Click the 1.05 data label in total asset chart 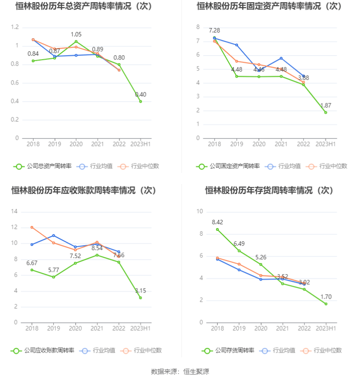pos(76,34)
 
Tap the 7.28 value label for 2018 pos(214,30)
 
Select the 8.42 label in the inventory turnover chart pos(218,222)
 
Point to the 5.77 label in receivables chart pos(54,270)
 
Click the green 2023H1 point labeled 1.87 pos(325,113)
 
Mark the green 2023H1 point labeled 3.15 pos(140,298)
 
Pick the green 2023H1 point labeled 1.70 pos(325,304)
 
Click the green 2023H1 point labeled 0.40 pos(140,101)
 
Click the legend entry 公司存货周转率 pos(227,350)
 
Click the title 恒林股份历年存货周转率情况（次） pos(269,190)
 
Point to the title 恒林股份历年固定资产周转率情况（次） pos(269,6)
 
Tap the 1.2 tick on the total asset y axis pos(15,27)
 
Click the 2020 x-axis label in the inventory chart pos(261,328)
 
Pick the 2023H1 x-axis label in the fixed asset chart pos(325,144)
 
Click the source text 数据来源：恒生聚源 pos(180,372)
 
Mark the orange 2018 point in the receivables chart pos(32,227)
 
